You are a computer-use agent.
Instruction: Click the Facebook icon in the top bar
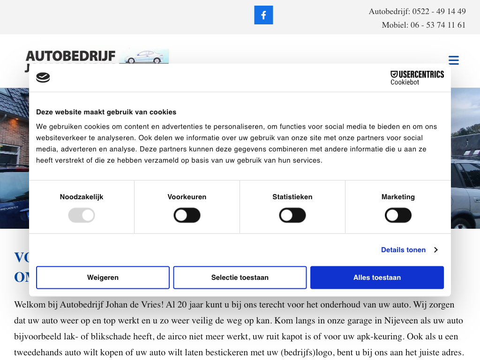[x=263, y=15]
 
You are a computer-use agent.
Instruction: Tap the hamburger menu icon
[x=453, y=60]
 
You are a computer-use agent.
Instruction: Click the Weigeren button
[x=103, y=277]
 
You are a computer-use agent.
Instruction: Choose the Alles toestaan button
[x=377, y=277]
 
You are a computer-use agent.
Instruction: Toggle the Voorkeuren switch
[x=187, y=216]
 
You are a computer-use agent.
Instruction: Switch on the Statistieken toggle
[x=292, y=216]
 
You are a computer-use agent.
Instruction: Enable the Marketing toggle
[x=398, y=216]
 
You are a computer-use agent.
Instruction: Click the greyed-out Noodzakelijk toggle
[x=82, y=216]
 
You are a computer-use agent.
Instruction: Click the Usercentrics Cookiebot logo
[x=417, y=77]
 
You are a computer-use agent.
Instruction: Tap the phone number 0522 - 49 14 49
[x=439, y=11]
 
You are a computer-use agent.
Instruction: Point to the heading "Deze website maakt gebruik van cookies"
[x=106, y=112]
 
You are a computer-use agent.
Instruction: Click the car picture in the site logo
[x=144, y=56]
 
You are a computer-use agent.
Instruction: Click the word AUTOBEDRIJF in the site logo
[x=70, y=56]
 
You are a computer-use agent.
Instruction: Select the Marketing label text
[x=398, y=197]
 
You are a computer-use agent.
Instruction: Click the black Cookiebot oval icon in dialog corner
[x=43, y=77]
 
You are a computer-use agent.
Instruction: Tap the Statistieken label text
[x=292, y=197]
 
